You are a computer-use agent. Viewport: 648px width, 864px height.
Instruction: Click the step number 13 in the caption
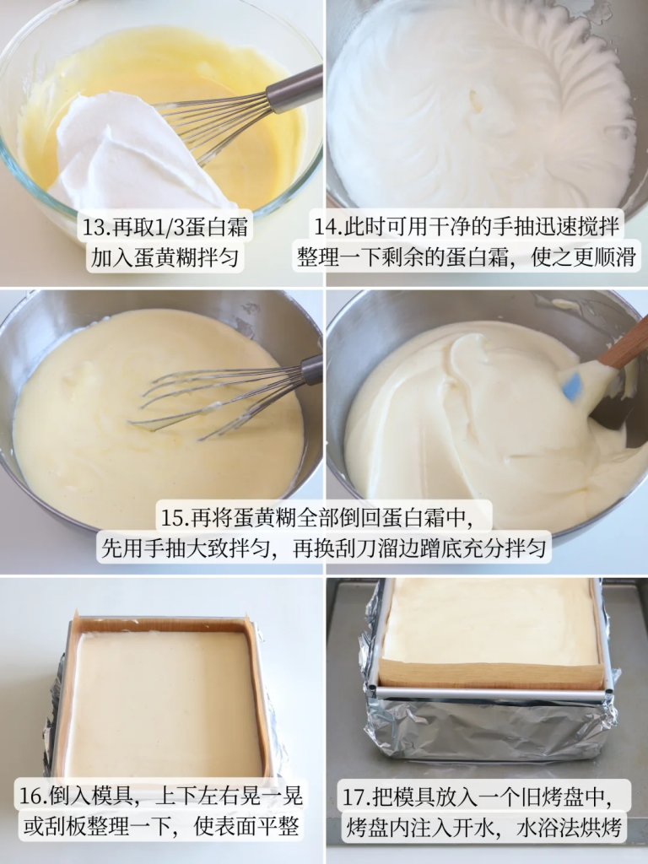tap(94, 227)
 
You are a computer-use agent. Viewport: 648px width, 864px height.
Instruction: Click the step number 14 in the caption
tap(326, 226)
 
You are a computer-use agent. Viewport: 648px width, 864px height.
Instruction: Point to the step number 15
tap(171, 517)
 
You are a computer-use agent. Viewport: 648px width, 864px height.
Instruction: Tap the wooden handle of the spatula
tap(624, 343)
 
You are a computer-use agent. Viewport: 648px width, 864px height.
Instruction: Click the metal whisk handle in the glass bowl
tap(294, 89)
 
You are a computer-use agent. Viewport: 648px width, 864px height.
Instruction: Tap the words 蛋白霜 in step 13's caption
tap(216, 227)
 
